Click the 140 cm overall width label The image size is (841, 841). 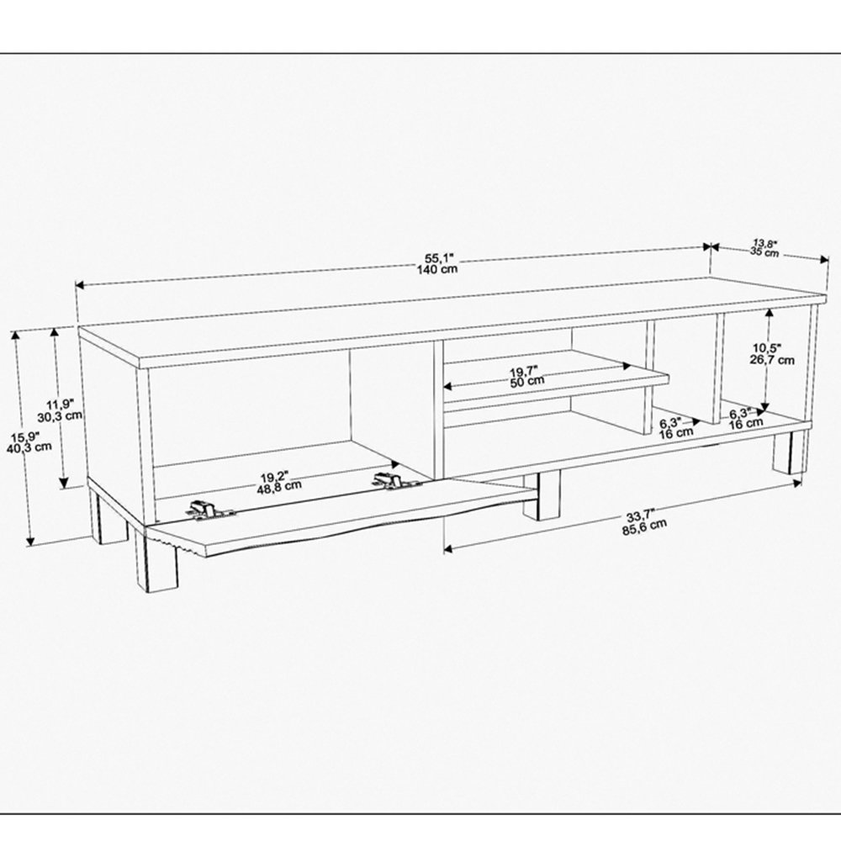(x=436, y=269)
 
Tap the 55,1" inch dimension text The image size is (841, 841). (x=436, y=257)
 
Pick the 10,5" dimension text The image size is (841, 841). (x=768, y=347)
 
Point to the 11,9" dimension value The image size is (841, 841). (x=61, y=403)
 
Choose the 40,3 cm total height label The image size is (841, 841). (x=33, y=447)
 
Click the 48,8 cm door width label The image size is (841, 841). (x=282, y=485)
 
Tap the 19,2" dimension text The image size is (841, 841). (x=282, y=473)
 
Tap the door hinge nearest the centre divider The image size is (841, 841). (x=391, y=481)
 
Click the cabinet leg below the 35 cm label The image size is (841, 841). (x=789, y=454)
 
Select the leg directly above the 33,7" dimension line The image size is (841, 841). (x=548, y=497)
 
